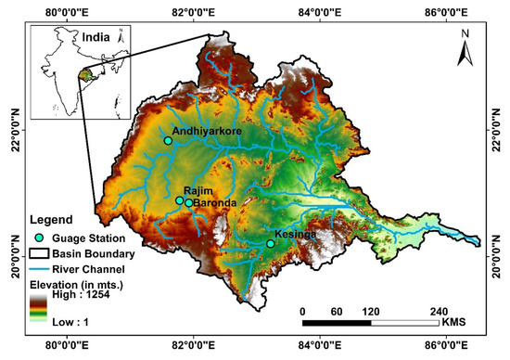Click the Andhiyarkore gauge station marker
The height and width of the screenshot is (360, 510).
pyautogui.click(x=168, y=141)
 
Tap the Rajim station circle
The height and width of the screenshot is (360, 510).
pyautogui.click(x=180, y=199)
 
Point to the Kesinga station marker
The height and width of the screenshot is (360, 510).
pyautogui.click(x=271, y=244)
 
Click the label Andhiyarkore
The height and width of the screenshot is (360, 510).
pyautogui.click(x=207, y=132)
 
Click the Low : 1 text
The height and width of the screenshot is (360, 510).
pyautogui.click(x=74, y=323)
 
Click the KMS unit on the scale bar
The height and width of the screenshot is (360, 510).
pyautogui.click(x=453, y=324)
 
